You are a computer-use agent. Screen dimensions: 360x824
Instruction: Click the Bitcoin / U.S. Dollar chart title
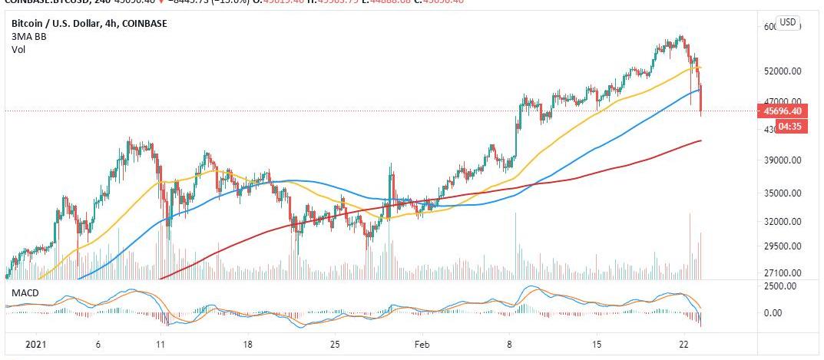pos(89,24)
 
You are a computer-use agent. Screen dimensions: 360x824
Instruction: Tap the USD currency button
pos(788,23)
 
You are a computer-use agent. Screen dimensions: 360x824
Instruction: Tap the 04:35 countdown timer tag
pos(789,126)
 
